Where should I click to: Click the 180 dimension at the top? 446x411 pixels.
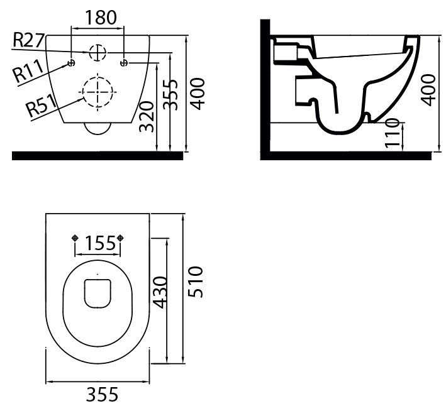(x=101, y=18)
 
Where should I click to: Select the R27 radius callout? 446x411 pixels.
(x=29, y=40)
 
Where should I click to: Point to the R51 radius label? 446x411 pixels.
(x=42, y=106)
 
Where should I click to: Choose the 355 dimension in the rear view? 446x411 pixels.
(x=170, y=95)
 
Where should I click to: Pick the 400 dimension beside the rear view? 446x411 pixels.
(x=197, y=94)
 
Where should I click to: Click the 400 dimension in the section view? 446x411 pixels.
(x=428, y=90)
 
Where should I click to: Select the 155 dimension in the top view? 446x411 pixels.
(x=101, y=243)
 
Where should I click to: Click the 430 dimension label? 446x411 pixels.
(x=160, y=292)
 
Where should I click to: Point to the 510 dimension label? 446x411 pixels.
(x=196, y=282)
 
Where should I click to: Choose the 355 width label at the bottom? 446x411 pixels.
(x=102, y=395)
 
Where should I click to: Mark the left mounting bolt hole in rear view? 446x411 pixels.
(x=71, y=63)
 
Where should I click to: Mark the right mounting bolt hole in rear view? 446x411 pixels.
(x=125, y=63)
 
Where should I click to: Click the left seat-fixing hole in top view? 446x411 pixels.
(x=75, y=238)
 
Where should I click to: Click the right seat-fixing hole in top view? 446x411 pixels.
(x=120, y=238)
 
